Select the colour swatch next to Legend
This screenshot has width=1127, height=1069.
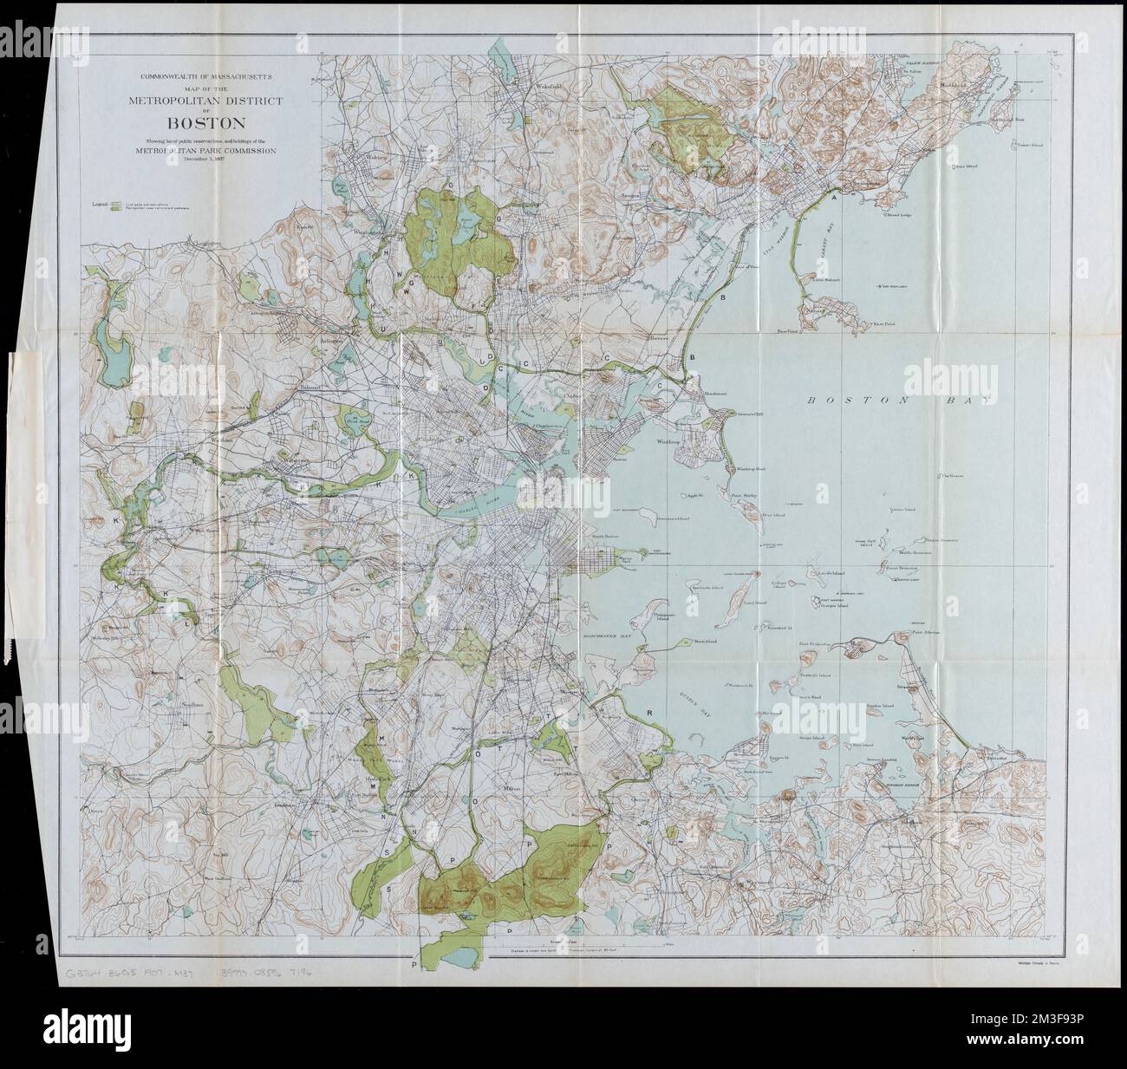click(115, 205)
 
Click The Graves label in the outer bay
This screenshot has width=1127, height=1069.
click(955, 476)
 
